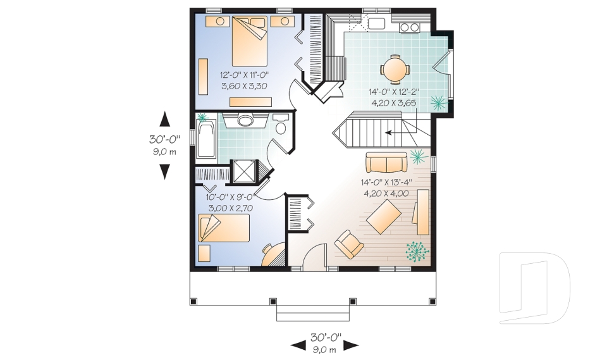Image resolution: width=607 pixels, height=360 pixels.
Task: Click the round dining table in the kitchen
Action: pos(395,68)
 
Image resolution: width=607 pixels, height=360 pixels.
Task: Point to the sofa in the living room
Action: pos(386,163)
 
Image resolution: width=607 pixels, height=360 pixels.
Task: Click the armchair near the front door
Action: pos(348,244)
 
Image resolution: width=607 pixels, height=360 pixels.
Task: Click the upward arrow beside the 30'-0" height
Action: pos(164,118)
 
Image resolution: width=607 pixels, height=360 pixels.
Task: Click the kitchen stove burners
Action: pos(410,27)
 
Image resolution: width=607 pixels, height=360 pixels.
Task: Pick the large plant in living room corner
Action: pos(417,251)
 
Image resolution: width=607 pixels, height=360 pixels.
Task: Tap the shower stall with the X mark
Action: pos(243,171)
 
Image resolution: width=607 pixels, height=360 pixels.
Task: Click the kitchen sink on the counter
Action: pos(377,25)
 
